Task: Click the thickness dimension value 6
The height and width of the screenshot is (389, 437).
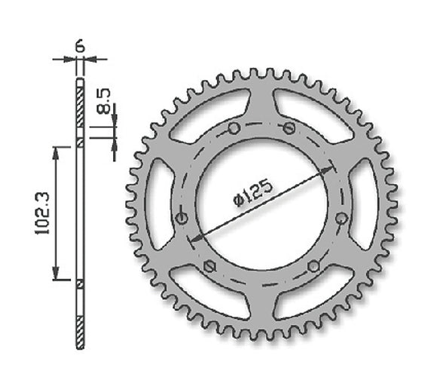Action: (81, 45)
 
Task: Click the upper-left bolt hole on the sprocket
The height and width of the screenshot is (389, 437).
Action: (234, 129)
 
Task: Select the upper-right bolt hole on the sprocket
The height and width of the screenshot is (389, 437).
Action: (288, 128)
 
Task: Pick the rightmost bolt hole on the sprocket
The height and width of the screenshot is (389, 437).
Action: (341, 218)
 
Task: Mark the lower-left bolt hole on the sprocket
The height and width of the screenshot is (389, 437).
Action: (210, 265)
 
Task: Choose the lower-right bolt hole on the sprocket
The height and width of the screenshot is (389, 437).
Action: (313, 265)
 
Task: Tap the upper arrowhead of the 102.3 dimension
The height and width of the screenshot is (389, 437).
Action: (55, 152)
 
